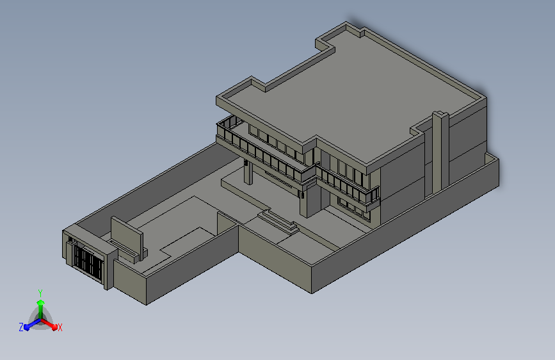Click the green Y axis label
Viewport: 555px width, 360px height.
click(40, 292)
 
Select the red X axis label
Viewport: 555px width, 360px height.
click(60, 328)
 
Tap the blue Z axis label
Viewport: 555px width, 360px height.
click(21, 327)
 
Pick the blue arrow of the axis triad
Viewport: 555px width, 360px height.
click(29, 325)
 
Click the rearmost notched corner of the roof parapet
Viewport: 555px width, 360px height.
click(349, 29)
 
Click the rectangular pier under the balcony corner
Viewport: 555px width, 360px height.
click(303, 201)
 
